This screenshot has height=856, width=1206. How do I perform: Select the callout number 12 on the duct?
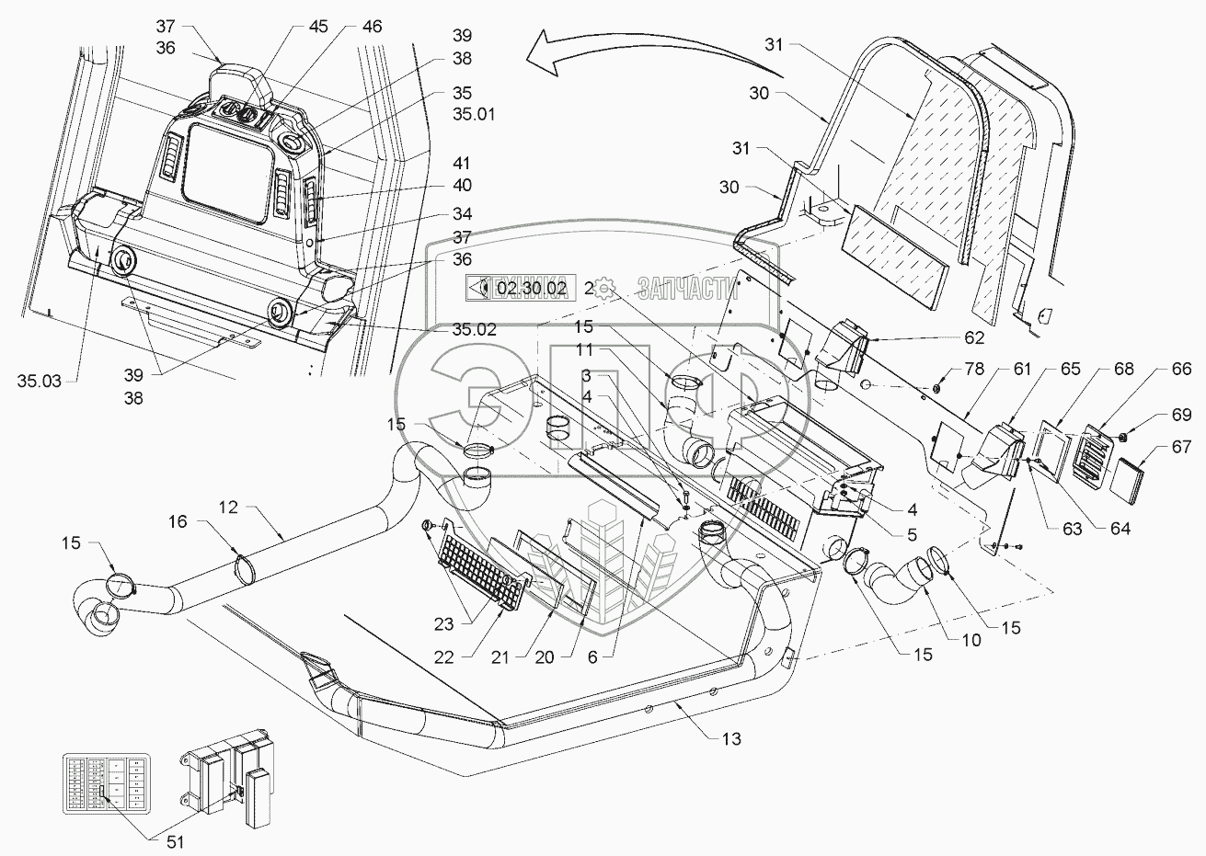tap(230, 508)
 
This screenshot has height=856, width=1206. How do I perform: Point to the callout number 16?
tap(177, 521)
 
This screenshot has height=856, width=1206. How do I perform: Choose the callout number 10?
tap(971, 640)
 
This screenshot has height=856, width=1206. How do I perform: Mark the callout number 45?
tap(318, 25)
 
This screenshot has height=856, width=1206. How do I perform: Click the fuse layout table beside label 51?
tap(102, 784)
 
